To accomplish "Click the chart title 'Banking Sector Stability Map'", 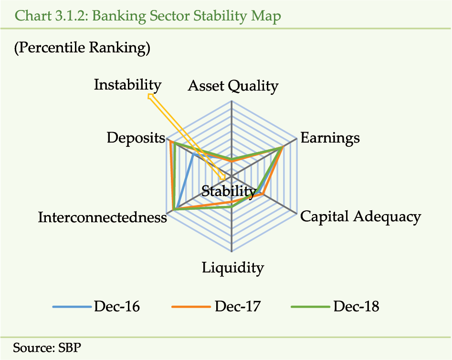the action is tap(187, 16).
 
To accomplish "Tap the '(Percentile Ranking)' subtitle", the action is tap(82, 48).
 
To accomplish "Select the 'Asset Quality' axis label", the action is tap(233, 86).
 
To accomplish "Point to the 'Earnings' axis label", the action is tap(330, 138).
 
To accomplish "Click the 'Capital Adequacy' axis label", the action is tap(361, 216).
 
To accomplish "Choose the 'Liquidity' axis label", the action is tap(232, 268).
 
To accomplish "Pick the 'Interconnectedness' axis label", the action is tap(102, 217).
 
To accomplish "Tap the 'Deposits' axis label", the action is tap(136, 138).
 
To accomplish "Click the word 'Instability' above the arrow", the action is tap(128, 85).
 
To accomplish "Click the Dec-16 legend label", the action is tap(117, 307).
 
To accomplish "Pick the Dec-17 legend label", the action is tap(238, 307).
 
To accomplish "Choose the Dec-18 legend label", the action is tap(356, 307).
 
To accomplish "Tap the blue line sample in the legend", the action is tap(72, 307).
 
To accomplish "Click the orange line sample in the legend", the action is tap(191, 307).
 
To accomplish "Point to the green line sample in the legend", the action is tap(310, 307).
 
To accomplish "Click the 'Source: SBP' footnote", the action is tap(47, 348).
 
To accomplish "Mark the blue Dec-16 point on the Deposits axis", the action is tap(194, 154).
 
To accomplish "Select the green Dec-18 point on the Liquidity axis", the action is tap(231, 206).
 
